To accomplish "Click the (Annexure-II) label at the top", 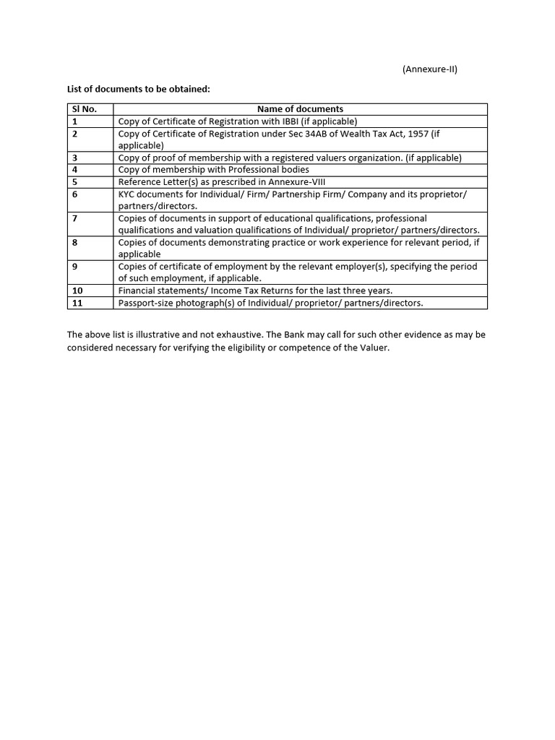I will pos(429,69).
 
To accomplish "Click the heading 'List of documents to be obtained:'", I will pos(138,89).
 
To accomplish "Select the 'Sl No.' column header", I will pos(84,109).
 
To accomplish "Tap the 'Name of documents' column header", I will pos(300,109).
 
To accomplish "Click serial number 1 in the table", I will pos(74,121).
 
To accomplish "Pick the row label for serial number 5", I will pos(74,181).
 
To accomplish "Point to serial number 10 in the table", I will pos(77,291).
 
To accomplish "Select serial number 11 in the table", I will pos(77,303).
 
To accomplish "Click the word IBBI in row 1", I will pos(283,121).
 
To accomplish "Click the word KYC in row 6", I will pos(127,194).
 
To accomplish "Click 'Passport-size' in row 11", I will pos(147,303).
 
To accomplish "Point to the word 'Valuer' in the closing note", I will pos(372,348).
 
